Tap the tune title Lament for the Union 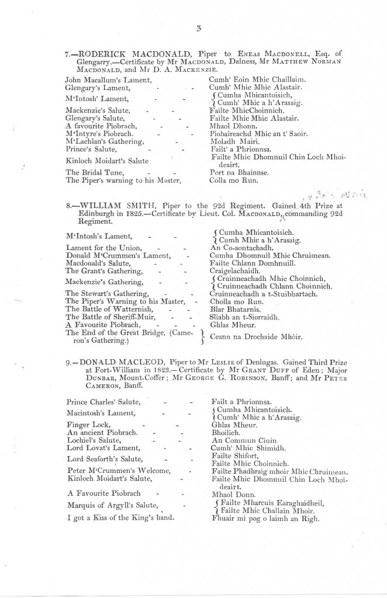103,248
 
